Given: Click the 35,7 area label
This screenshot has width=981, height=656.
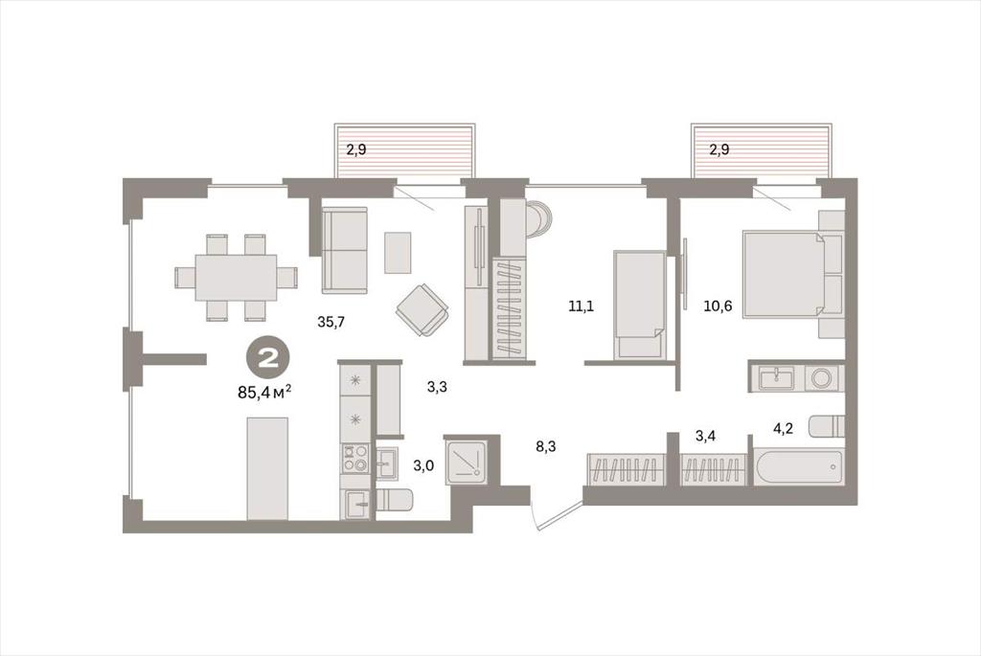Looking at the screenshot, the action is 331,323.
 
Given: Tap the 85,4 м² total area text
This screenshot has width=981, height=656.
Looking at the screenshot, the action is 264,393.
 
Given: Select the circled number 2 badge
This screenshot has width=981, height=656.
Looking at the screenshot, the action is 269,359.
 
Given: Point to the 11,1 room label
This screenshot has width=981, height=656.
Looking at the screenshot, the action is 582,306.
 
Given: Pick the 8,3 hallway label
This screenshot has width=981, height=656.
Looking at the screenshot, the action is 545,446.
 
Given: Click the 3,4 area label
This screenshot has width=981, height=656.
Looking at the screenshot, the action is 706,435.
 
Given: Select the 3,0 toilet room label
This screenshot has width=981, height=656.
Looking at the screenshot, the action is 423,465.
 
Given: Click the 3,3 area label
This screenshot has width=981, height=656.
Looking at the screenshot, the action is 437,387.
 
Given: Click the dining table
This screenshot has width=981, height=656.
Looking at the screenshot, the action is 236,277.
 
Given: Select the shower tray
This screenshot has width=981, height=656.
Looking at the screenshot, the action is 467,461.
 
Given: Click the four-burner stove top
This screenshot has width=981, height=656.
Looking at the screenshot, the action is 354,458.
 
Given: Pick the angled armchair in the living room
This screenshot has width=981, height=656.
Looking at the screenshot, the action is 422,310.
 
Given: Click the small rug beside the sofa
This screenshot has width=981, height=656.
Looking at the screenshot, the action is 398,252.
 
